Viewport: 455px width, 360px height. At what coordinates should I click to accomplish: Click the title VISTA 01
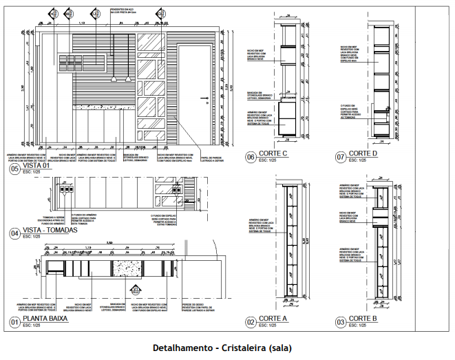(37, 167)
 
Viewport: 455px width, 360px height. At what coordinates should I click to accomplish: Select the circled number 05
(14, 169)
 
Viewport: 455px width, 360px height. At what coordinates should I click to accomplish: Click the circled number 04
(14, 233)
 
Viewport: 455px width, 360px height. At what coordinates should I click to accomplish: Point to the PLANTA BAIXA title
(45, 320)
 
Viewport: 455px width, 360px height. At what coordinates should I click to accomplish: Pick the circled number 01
(14, 322)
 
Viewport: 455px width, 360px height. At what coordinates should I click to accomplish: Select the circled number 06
(251, 157)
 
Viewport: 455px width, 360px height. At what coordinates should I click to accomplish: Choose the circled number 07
(341, 157)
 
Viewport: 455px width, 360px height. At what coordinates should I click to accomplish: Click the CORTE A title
(274, 319)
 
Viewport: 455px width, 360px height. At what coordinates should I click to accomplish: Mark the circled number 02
(251, 322)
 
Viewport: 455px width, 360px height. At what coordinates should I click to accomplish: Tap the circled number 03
(341, 322)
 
